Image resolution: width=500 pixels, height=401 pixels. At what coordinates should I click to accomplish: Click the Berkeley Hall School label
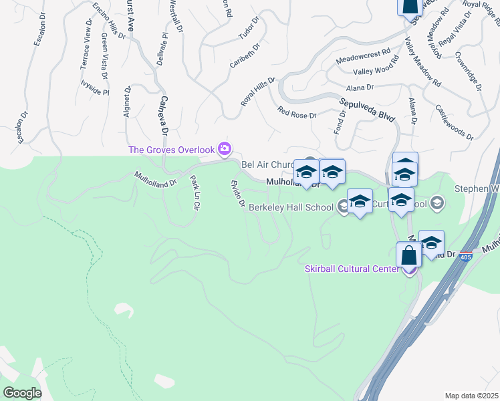[291, 208]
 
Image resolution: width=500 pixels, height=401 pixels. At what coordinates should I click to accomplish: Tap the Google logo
[22, 392]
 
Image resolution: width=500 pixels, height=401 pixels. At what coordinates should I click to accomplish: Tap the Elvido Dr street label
[237, 193]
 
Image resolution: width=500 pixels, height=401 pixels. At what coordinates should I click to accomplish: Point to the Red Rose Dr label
[297, 111]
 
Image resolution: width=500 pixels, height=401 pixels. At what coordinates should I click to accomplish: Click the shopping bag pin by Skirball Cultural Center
[408, 256]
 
